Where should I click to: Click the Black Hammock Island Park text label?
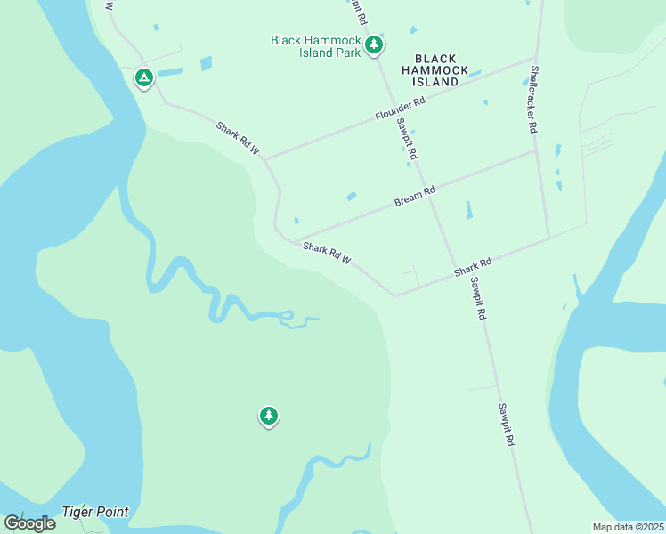pyautogui.click(x=316, y=46)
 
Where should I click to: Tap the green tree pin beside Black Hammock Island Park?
pyautogui.click(x=375, y=44)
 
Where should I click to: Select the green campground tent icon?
pyautogui.click(x=143, y=77)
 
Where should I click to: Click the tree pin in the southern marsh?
pyautogui.click(x=269, y=416)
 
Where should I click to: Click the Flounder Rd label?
pyautogui.click(x=401, y=109)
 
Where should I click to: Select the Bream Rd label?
pyautogui.click(x=415, y=197)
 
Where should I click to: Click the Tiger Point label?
pyautogui.click(x=95, y=512)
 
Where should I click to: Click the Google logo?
pyautogui.click(x=29, y=523)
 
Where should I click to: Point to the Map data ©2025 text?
pyautogui.click(x=628, y=527)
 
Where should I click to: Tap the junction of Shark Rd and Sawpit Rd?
pyautogui.click(x=457, y=271)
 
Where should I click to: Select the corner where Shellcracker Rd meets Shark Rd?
pyautogui.click(x=548, y=238)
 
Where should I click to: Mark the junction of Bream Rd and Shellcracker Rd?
pyautogui.click(x=537, y=150)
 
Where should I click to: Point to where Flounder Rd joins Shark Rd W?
pyautogui.click(x=265, y=160)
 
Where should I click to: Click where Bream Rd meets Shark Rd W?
pyautogui.click(x=296, y=242)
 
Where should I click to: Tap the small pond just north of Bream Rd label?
pyautogui.click(x=351, y=197)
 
